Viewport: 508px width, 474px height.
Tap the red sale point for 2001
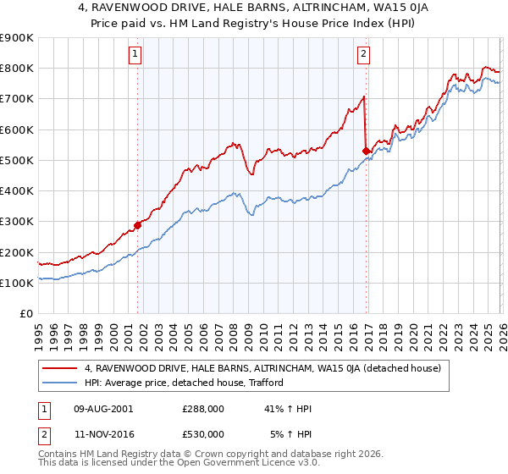pos(137,225)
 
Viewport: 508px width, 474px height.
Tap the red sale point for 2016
pos(366,152)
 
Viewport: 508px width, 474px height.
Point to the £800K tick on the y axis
pos(17,69)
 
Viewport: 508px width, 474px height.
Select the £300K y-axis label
pos(17,222)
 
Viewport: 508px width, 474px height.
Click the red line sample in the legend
pos(60,368)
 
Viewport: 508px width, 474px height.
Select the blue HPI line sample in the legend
pos(60,383)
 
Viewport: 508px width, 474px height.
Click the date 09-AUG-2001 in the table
pos(104,408)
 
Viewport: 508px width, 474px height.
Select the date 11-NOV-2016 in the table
pos(104,433)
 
